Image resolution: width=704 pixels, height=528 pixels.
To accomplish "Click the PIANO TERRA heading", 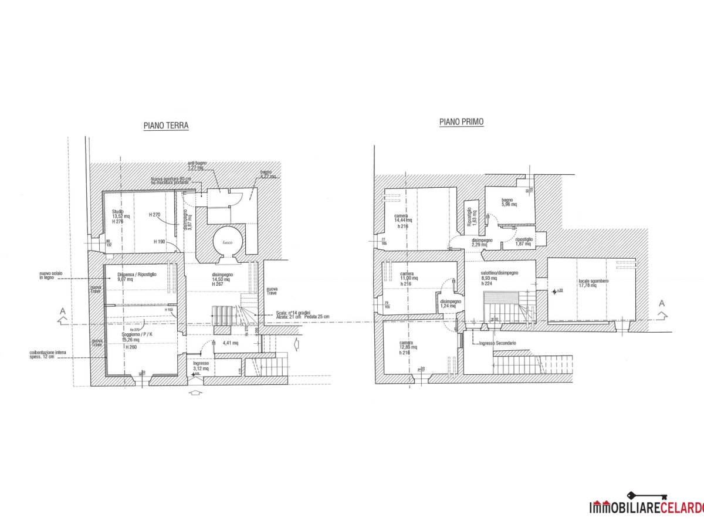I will point(166,126).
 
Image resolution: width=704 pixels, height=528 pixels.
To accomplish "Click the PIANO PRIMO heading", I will point(461,122).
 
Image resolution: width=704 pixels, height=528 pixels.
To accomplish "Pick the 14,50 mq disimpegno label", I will point(221,279).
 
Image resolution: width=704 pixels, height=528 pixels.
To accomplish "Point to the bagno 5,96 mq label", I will point(508,202).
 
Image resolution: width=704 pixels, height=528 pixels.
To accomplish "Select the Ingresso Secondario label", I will point(497,343).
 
